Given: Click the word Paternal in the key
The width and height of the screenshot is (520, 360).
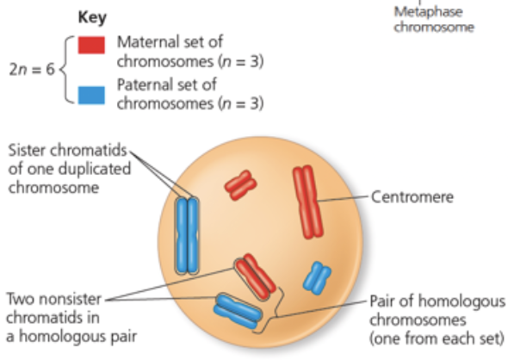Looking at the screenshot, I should click(145, 85).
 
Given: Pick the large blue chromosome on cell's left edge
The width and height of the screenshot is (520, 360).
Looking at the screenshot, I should click(187, 233).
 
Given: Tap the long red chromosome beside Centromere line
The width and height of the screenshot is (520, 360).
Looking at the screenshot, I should click(306, 202).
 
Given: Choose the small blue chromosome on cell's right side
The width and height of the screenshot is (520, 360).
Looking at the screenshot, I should click(318, 277).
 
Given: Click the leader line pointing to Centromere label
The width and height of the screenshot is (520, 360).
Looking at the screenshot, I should click(344, 199).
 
